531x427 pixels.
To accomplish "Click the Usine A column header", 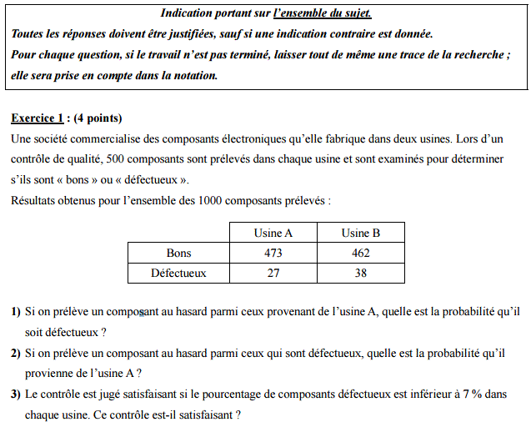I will point(273,233).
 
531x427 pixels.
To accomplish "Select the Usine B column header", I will point(360,233).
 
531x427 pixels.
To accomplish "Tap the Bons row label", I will point(178,253).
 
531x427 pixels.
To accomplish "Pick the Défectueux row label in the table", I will point(178,273).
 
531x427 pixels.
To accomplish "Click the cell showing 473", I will point(273,253).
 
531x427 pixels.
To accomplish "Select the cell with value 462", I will point(360,253).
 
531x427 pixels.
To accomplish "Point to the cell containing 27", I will point(273,273).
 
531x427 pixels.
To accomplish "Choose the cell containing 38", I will point(360,273).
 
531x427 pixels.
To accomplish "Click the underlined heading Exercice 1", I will point(38,118).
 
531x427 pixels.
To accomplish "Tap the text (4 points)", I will point(98,118).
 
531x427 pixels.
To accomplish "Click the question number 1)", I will point(16,312).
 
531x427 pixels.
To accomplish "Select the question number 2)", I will point(16,353).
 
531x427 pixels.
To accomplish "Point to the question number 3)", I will point(16,394).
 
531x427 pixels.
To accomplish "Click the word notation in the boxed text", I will point(193,75).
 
